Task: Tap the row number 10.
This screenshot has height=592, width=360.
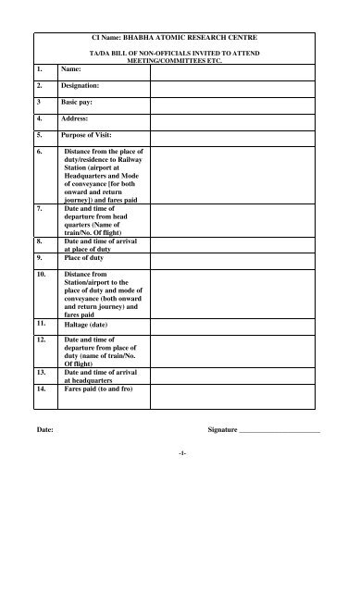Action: point(42,275)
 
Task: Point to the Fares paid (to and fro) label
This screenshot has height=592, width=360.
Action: point(102,391)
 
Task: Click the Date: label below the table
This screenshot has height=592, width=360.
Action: point(44,431)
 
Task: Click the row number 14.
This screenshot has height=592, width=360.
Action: point(42,391)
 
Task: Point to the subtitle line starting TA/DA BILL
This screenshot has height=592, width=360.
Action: point(180,55)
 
